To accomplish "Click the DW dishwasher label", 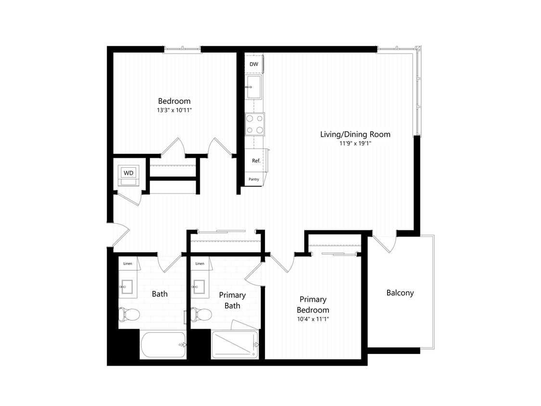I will [x=253, y=64].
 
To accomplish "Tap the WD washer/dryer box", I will [x=128, y=173].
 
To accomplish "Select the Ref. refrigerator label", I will [x=256, y=161].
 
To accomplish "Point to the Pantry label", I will [x=253, y=179].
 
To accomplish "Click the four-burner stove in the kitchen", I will [x=254, y=124].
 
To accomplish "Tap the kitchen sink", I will [x=253, y=87].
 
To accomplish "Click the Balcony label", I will [x=400, y=292].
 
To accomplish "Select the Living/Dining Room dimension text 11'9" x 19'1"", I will [x=355, y=143].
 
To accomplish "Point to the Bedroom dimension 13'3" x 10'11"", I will [x=174, y=110].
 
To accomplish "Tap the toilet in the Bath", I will [x=128, y=315].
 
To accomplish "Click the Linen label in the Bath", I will [x=127, y=264].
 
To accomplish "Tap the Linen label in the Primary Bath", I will [x=200, y=264].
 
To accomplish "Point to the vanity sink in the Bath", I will [x=127, y=287].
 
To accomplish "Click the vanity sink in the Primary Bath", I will [x=199, y=287].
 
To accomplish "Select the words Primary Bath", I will [x=232, y=300].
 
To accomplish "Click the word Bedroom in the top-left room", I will [x=174, y=101].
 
